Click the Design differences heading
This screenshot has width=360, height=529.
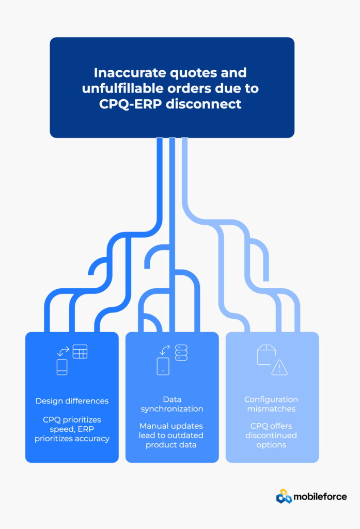[x=72, y=401]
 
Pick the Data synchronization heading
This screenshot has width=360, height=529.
[x=172, y=404]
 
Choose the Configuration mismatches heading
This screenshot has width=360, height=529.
[x=271, y=404]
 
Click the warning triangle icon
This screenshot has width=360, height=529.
[x=279, y=367]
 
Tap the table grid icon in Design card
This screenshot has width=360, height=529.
[x=80, y=351]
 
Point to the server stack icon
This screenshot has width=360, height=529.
[x=181, y=352]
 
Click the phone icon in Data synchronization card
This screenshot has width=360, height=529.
[x=163, y=366]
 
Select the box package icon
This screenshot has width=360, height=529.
[x=267, y=355]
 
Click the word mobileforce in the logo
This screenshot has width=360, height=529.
[x=320, y=497]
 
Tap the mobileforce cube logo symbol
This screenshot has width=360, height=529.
[x=284, y=496]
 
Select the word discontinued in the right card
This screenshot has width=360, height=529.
[x=271, y=435]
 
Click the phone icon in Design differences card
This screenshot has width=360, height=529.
[x=62, y=367]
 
